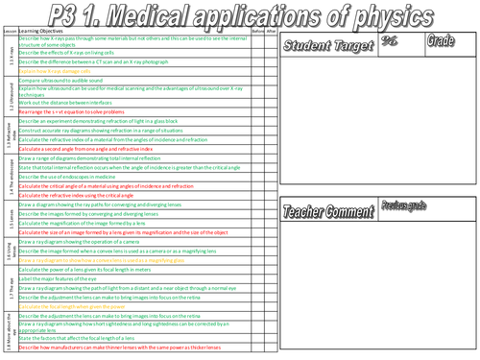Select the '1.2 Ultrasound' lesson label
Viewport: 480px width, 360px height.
tap(7, 99)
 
